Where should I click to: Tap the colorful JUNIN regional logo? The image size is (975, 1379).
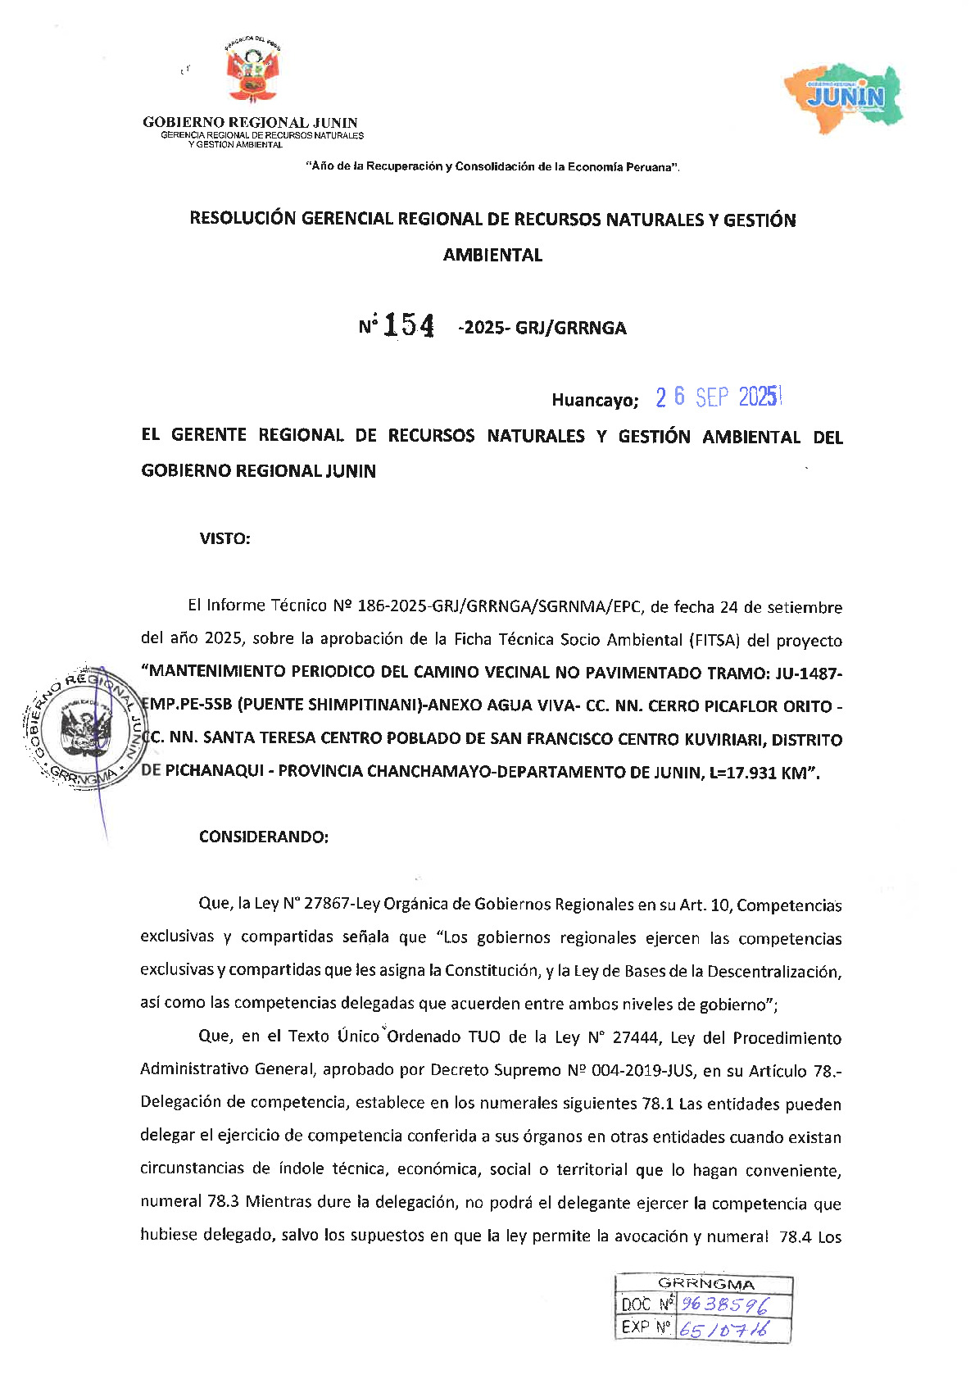(845, 93)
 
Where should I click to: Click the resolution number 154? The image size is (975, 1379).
(409, 326)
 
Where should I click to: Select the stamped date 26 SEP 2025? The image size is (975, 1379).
(719, 397)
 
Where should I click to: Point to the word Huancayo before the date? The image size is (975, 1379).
(594, 401)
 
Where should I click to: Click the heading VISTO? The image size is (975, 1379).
(224, 538)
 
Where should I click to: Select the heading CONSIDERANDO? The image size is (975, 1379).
(263, 837)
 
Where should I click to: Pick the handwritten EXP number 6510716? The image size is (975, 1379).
(724, 1328)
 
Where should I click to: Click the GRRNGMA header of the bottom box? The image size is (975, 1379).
(705, 1284)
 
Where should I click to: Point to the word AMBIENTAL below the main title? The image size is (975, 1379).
(492, 255)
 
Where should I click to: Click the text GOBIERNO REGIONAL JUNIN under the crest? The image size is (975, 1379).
(250, 123)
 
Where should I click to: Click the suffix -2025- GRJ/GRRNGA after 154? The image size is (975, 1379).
(542, 328)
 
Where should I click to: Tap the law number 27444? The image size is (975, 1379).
(635, 1037)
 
